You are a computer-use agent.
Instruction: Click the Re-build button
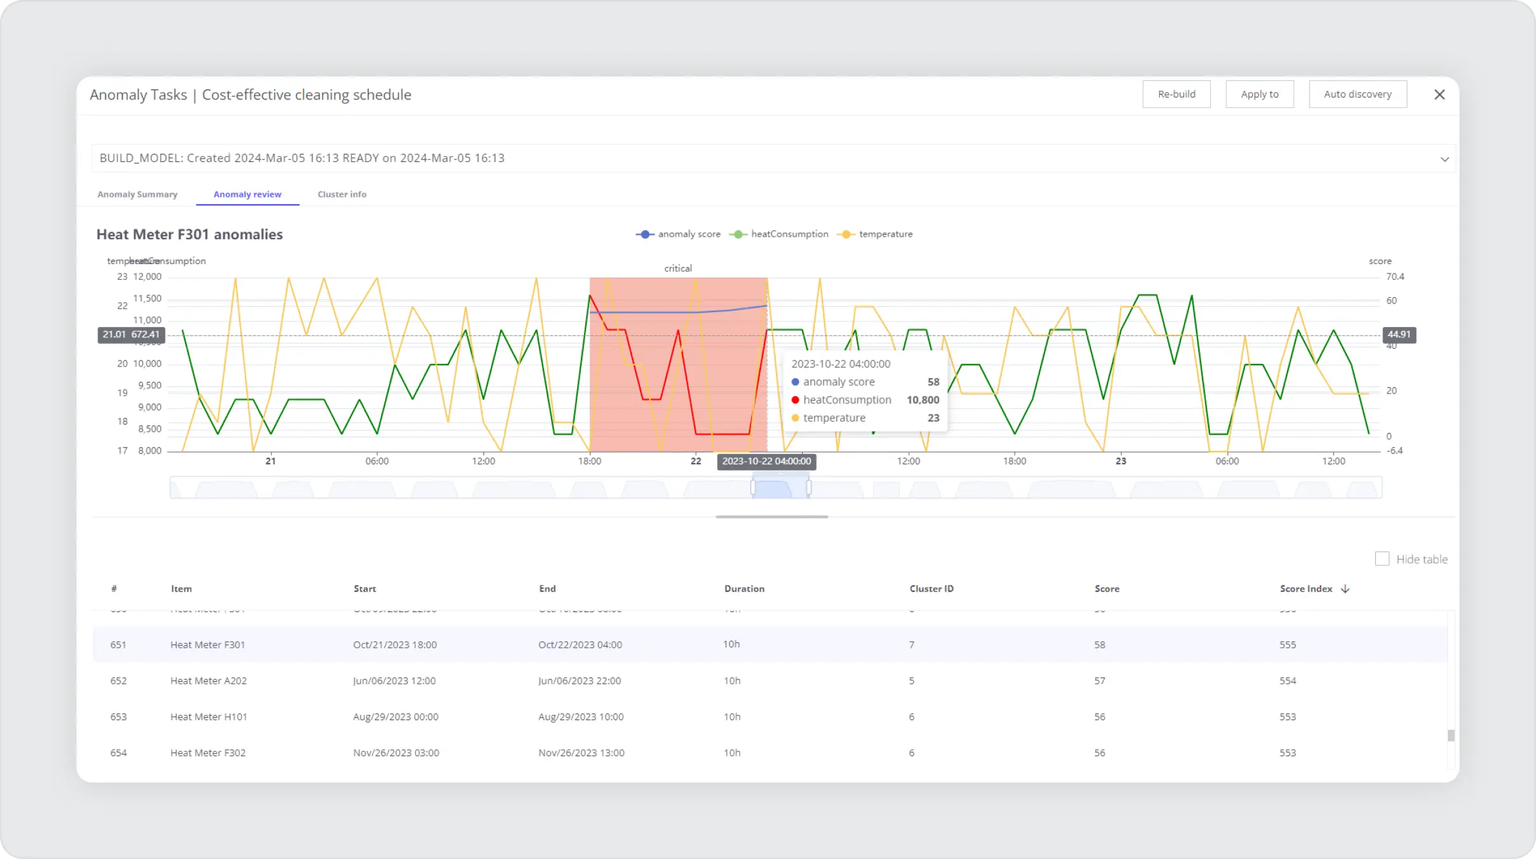[x=1176, y=94]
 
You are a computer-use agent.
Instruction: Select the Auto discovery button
[x=1357, y=94]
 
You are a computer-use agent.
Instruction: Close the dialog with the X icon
[x=1439, y=94]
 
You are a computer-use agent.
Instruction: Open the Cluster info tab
[x=342, y=195]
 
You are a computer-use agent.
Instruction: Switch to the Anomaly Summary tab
[x=137, y=195]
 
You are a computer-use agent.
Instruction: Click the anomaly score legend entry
[x=679, y=234]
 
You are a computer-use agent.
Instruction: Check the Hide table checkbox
[x=1382, y=559]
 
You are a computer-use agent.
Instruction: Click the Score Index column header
[x=1306, y=589]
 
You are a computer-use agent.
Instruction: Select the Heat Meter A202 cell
[x=208, y=680]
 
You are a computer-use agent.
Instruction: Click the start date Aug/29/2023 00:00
[x=395, y=717]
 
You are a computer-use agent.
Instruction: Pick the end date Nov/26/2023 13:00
[x=581, y=753]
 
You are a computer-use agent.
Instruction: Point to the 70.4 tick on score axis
[x=1395, y=277]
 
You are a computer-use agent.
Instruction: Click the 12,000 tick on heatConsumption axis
[x=147, y=277]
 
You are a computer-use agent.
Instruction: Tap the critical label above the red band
[x=678, y=268]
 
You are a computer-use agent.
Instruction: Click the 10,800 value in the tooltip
[x=923, y=400]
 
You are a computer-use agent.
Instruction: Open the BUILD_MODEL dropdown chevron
[x=1444, y=159]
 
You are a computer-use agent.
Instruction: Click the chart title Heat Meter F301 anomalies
[x=189, y=235]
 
